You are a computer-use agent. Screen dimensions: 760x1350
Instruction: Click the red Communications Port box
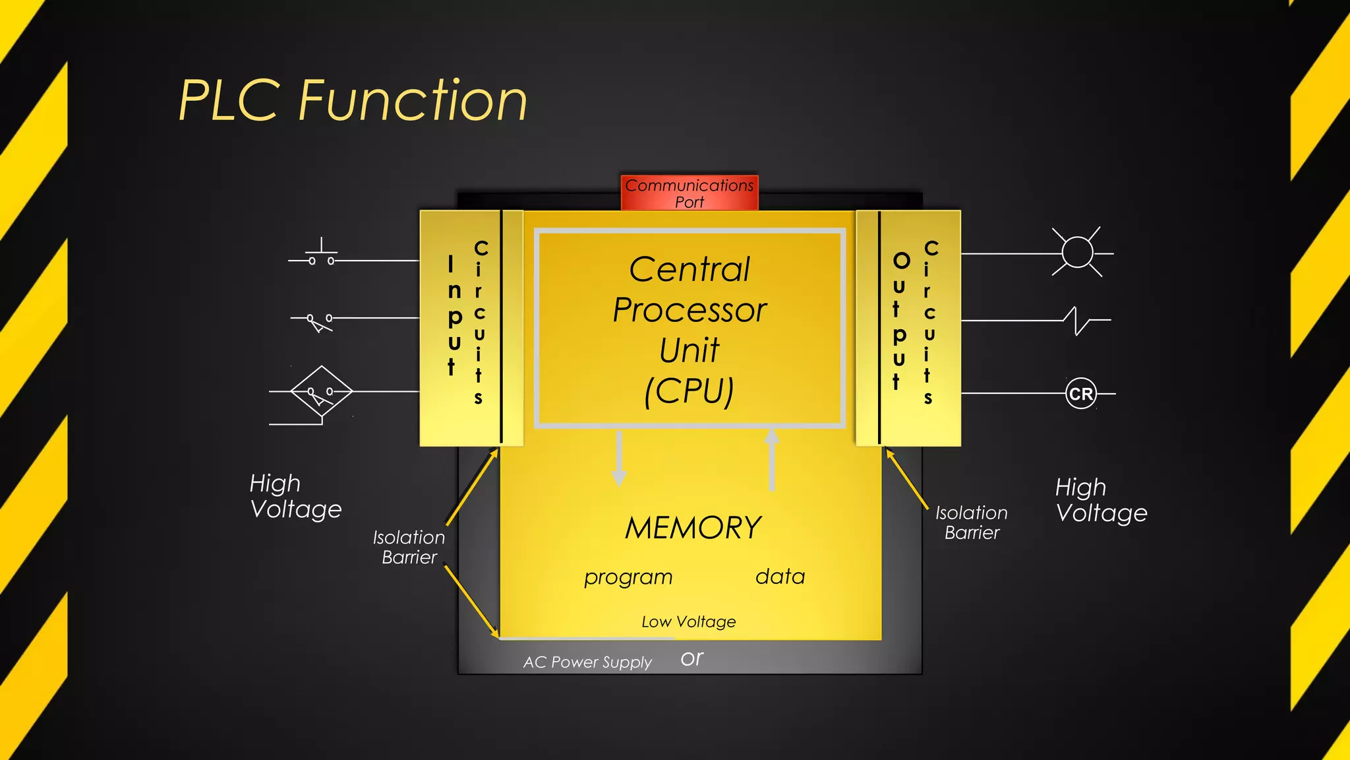pos(689,193)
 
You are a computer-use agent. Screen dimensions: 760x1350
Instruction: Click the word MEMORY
pos(693,528)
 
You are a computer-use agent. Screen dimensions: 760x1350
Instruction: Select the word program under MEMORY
pos(628,577)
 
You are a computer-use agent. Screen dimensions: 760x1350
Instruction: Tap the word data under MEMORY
pos(780,577)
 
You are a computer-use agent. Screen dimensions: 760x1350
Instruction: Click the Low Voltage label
pos(688,621)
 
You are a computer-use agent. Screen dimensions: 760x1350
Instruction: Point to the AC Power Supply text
pos(587,662)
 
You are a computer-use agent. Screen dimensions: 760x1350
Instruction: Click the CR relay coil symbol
pos(1080,394)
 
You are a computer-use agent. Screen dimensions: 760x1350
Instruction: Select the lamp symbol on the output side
pos(1077,252)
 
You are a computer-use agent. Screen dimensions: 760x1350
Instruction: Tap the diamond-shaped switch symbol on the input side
pos(321,392)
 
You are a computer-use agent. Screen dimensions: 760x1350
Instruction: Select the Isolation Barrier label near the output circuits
pos(971,522)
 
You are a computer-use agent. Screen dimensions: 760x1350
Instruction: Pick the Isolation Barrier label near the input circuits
pos(409,547)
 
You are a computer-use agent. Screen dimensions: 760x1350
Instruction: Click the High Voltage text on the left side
pos(295,496)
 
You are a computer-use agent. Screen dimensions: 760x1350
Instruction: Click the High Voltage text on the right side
pos(1100,500)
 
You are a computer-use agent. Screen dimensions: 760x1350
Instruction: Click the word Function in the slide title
pos(413,100)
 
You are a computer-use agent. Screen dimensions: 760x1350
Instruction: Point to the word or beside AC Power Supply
pos(691,658)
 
